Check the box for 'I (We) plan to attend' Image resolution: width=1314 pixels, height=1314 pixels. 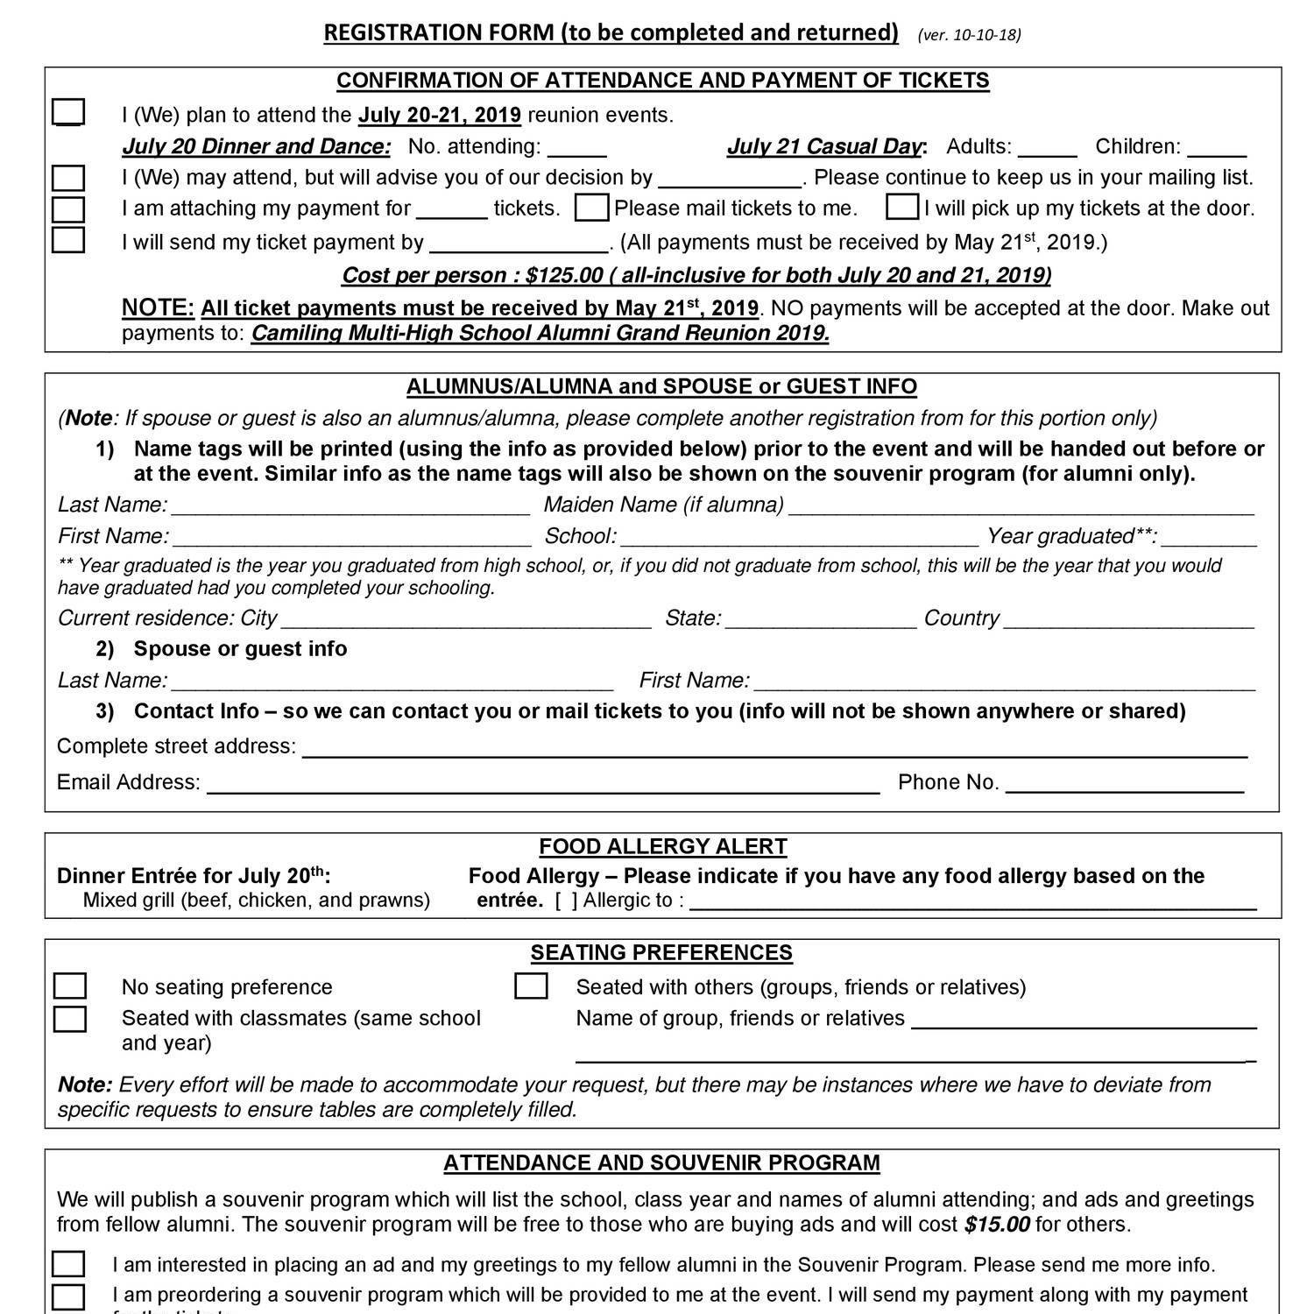click(68, 113)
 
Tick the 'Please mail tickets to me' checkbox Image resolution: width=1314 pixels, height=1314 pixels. click(592, 208)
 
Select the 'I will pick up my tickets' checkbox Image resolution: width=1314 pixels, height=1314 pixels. click(902, 208)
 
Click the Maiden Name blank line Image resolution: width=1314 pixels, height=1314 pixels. click(1021, 507)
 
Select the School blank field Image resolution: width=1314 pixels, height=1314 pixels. click(799, 538)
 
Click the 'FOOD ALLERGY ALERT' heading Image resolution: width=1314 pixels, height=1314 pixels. click(663, 847)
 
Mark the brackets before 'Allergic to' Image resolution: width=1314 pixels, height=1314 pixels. click(566, 901)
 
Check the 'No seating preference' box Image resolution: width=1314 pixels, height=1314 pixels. click(70, 986)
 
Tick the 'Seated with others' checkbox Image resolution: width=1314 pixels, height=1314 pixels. click(531, 986)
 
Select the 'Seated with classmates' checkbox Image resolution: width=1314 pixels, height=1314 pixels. click(70, 1019)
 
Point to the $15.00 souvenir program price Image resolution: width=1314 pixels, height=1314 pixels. click(997, 1225)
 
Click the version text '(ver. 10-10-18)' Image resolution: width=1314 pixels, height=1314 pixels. click(969, 35)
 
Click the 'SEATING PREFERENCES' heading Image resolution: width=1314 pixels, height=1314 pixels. click(661, 953)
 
